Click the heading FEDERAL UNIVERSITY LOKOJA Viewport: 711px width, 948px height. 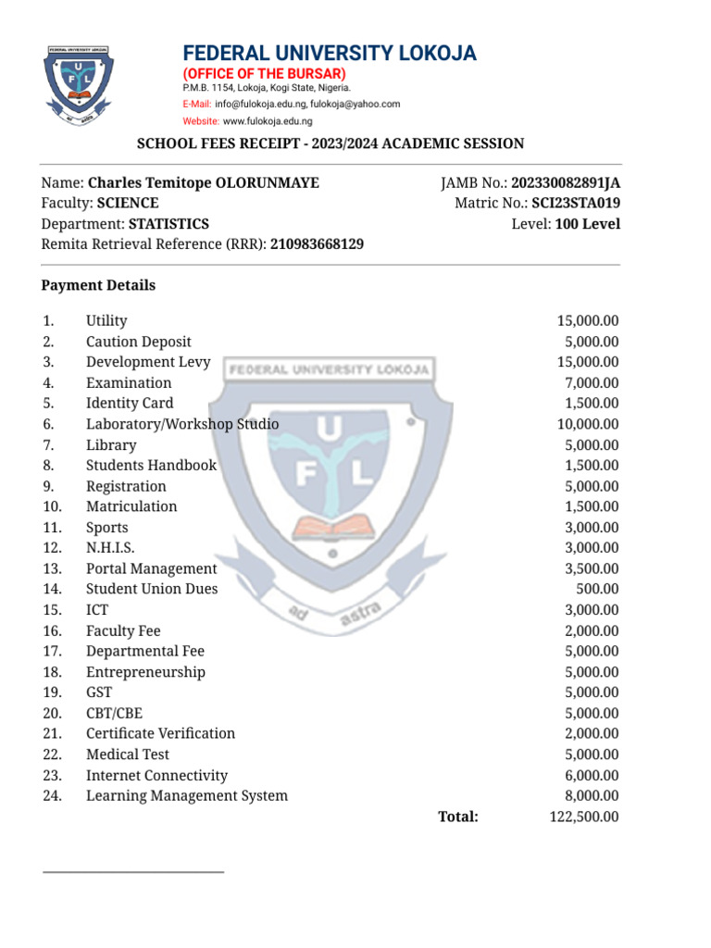pyautogui.click(x=330, y=54)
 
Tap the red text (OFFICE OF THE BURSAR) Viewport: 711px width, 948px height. pyautogui.click(x=264, y=73)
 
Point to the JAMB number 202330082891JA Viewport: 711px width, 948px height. pyautogui.click(x=566, y=183)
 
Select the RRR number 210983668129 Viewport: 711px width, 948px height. pyautogui.click(x=317, y=244)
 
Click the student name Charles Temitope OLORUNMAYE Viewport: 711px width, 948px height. pyautogui.click(x=203, y=183)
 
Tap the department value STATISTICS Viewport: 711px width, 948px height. pyautogui.click(x=168, y=224)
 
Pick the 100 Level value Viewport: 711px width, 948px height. pyautogui.click(x=588, y=224)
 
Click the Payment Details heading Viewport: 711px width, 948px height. pyautogui.click(x=98, y=285)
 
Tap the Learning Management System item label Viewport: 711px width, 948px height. pyautogui.click(x=187, y=796)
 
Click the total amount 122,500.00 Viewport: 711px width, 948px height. pyautogui.click(x=583, y=817)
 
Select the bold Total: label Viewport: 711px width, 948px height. pyautogui.click(x=457, y=817)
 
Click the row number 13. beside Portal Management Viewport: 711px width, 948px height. pyautogui.click(x=52, y=568)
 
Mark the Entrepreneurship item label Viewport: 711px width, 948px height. pyautogui.click(x=145, y=672)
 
